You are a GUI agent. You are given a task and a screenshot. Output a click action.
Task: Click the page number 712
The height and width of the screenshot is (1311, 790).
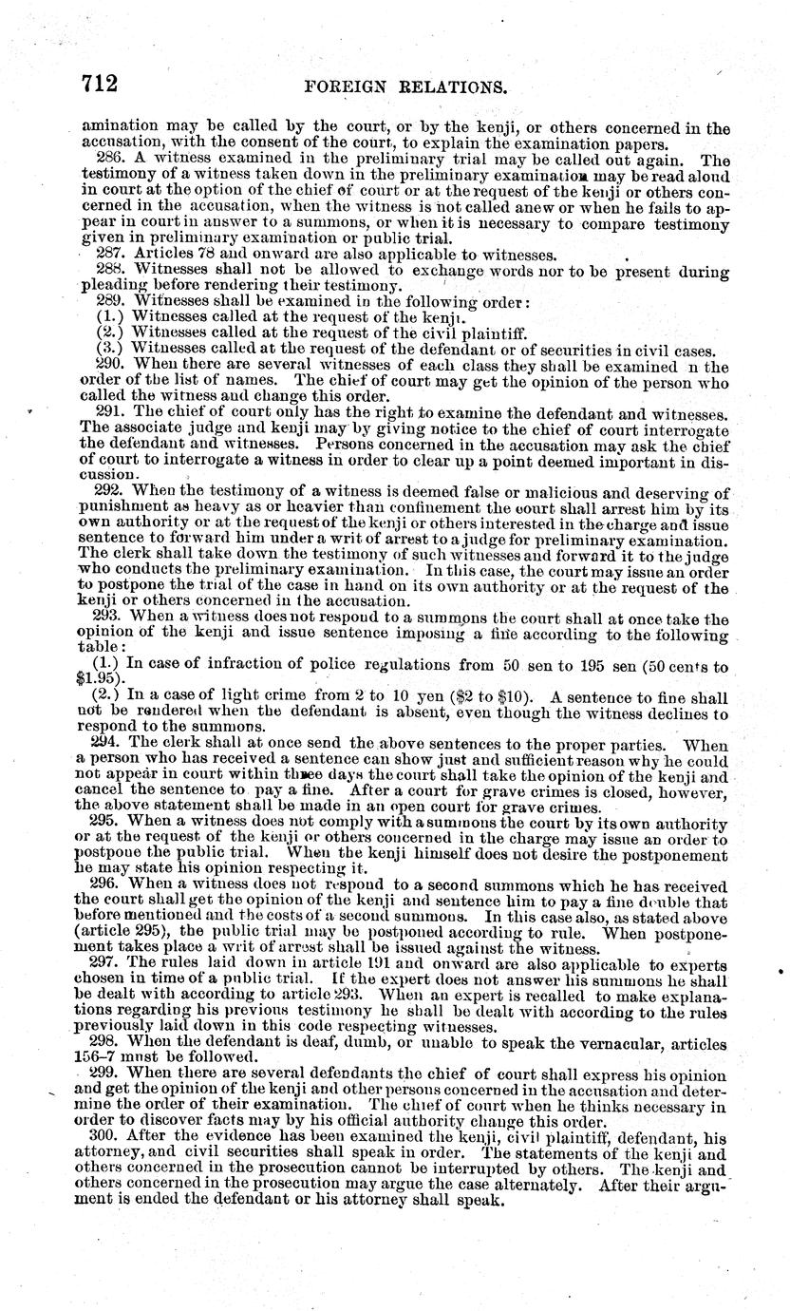tap(99, 85)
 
